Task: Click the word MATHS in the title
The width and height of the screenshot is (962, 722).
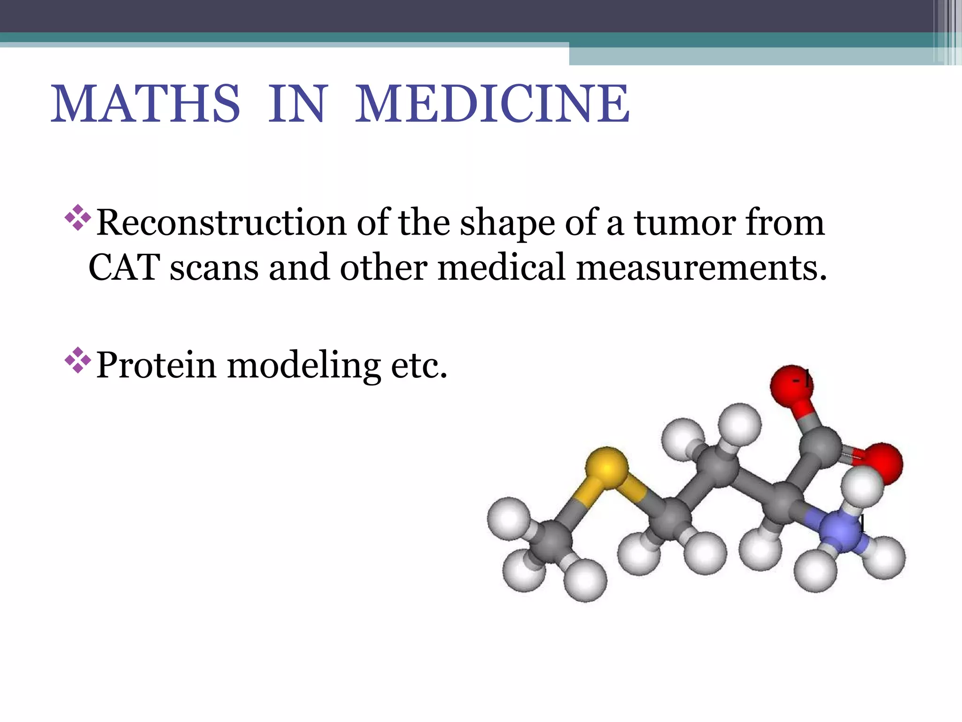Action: (146, 104)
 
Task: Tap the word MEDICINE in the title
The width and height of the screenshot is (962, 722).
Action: (492, 104)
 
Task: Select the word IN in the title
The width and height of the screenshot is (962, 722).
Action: (296, 104)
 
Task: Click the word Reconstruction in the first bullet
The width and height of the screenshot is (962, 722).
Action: (221, 222)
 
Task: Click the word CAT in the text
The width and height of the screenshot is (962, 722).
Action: (124, 267)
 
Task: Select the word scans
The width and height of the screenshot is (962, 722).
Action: (214, 267)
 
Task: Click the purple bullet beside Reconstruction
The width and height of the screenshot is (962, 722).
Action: (78, 217)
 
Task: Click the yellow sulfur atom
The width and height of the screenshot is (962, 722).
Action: (607, 467)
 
